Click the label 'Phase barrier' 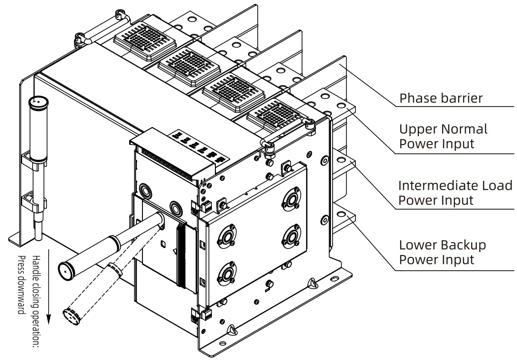click(x=440, y=98)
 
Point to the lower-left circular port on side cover click(x=227, y=273)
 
